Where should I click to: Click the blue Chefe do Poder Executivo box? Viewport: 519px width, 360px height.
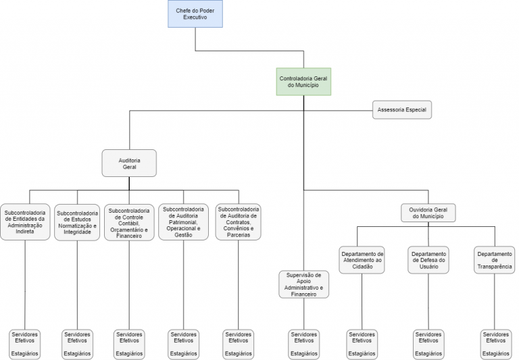(x=195, y=14)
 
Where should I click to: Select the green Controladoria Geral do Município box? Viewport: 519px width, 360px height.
(x=303, y=82)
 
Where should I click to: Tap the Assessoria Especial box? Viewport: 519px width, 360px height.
(x=402, y=109)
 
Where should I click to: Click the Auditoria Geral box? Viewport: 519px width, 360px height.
(x=129, y=163)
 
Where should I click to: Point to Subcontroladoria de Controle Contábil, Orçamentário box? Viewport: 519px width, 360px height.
(x=129, y=223)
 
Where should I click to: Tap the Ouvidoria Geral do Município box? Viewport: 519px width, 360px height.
(x=428, y=213)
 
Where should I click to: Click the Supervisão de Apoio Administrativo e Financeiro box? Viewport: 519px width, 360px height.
(x=303, y=284)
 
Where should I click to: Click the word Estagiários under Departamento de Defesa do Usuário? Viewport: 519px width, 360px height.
(x=428, y=353)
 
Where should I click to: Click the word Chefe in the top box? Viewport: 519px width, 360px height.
(x=183, y=9)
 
